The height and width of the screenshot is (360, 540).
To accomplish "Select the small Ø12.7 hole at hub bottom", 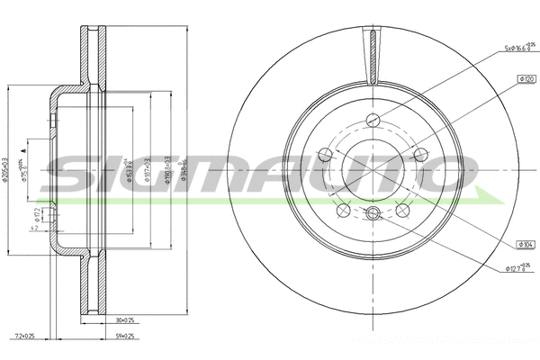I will pyautogui.click(x=374, y=213).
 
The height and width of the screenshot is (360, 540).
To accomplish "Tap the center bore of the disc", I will pyautogui.click(x=374, y=166).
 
